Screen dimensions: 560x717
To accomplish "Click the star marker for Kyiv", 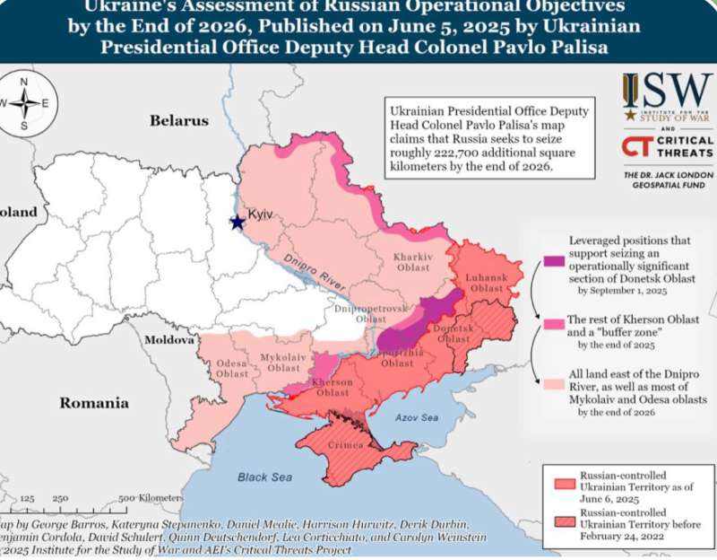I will point(238,222).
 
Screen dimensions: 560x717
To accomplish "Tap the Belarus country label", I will point(179,120).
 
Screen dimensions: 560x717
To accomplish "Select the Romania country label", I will point(94,403).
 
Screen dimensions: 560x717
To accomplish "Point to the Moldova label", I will point(168,341).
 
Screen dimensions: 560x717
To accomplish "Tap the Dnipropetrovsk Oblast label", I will point(370,312).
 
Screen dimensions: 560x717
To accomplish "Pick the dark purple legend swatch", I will point(553,261).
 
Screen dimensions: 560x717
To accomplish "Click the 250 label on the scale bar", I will point(60,497).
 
